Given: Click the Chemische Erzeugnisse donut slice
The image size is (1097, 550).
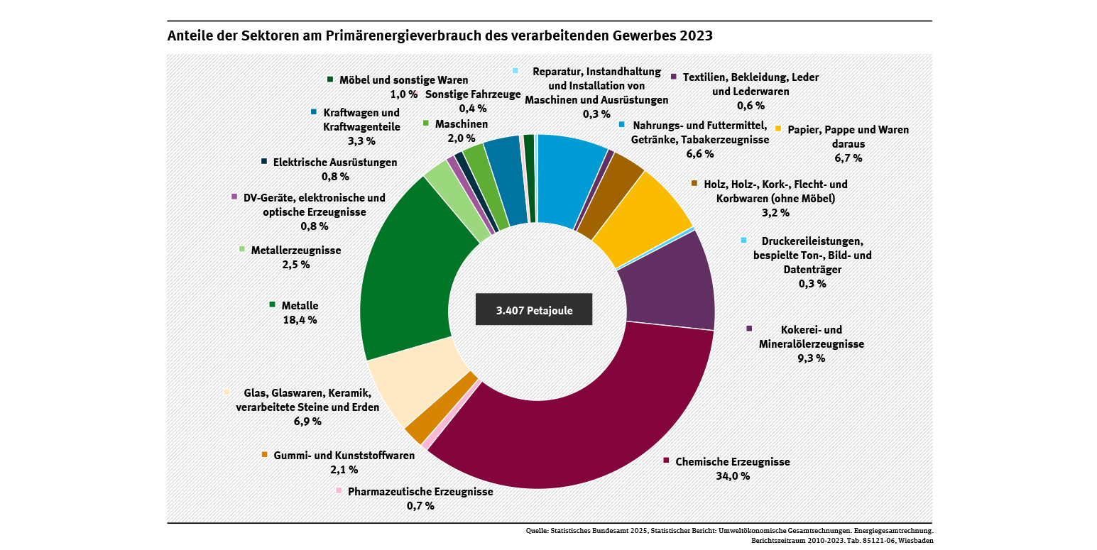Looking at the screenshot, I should pos(568,433).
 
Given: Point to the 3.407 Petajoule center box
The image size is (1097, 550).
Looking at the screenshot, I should pos(533,309).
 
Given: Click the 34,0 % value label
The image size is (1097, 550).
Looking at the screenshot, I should pos(733,475).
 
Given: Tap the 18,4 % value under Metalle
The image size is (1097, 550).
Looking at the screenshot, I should pos(300,319).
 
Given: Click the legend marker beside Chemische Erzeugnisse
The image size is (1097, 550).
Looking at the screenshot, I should pos(666,461).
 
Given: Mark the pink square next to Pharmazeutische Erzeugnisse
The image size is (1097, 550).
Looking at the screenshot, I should pos(339,490).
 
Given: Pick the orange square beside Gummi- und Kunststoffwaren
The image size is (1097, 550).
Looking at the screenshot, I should pos(265,454).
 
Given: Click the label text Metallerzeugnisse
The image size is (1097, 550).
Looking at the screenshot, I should pos(296,251).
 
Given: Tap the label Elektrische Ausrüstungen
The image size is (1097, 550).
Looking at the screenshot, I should pos(335,163).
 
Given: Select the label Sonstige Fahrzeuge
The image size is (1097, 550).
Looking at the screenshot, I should pos(473,94).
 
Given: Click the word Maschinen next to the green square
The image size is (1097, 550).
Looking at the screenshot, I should pos(462,124).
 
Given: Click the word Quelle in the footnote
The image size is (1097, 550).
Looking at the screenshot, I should pos(537,530).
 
